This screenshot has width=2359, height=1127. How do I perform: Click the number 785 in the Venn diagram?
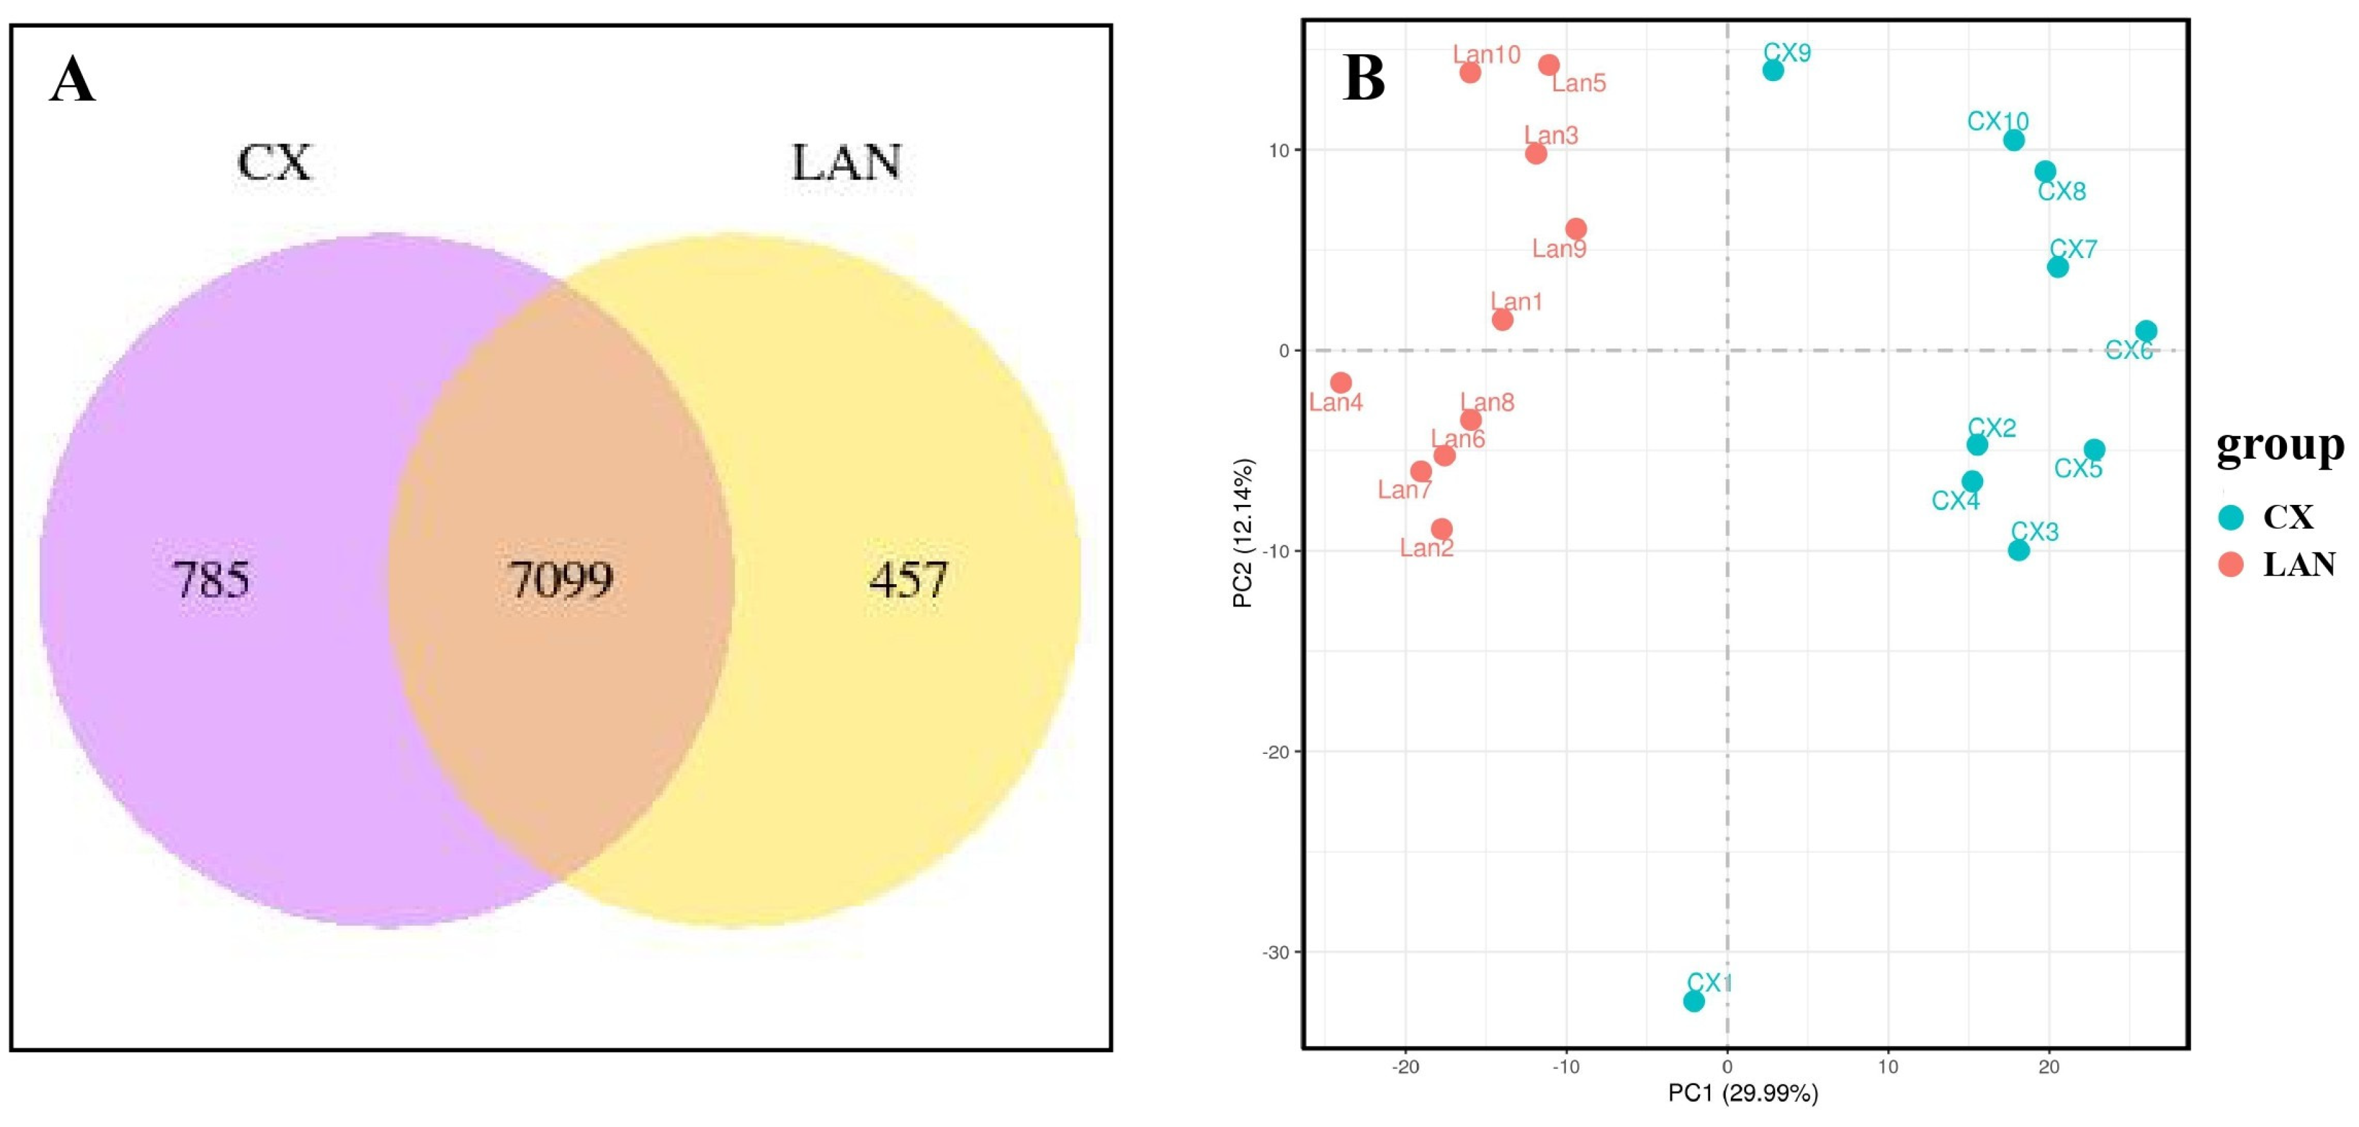tap(212, 580)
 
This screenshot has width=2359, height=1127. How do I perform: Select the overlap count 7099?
tap(561, 580)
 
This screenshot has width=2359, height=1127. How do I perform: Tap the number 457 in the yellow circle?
tap(908, 580)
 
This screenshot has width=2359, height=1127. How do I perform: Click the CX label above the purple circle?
tap(275, 163)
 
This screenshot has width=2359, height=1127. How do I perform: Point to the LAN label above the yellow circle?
tap(846, 163)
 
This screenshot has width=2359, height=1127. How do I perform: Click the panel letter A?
tap(72, 80)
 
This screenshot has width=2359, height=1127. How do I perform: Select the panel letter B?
tap(1363, 78)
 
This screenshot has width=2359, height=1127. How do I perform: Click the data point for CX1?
tap(1694, 1001)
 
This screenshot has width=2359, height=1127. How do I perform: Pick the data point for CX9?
tap(1773, 69)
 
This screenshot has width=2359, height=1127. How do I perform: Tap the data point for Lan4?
tap(1341, 383)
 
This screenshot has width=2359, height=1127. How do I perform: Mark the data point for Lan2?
tap(1441, 529)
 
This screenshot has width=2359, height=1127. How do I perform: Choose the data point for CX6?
tap(2145, 331)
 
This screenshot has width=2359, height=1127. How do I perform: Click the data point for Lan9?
tap(1576, 229)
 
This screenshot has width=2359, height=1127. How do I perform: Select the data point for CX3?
tap(2019, 550)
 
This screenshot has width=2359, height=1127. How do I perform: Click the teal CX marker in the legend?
tap(2232, 517)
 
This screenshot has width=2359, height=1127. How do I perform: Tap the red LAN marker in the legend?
tap(2232, 565)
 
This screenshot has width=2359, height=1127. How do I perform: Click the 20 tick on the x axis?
tap(2049, 1067)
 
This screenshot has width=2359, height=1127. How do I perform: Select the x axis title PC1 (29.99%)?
tap(1742, 1093)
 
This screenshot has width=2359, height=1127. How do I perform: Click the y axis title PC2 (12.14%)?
tap(1243, 534)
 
